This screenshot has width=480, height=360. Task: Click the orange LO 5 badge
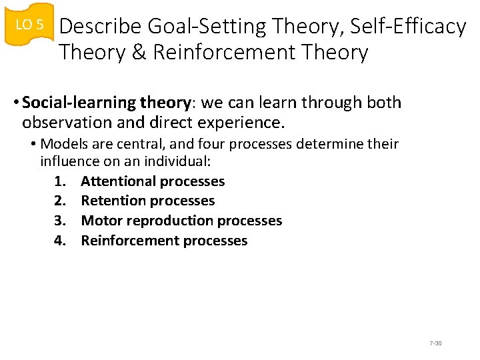[29, 25]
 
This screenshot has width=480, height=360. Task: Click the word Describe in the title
[100, 27]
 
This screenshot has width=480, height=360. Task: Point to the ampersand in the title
[139, 53]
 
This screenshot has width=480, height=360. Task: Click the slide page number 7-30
[435, 343]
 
